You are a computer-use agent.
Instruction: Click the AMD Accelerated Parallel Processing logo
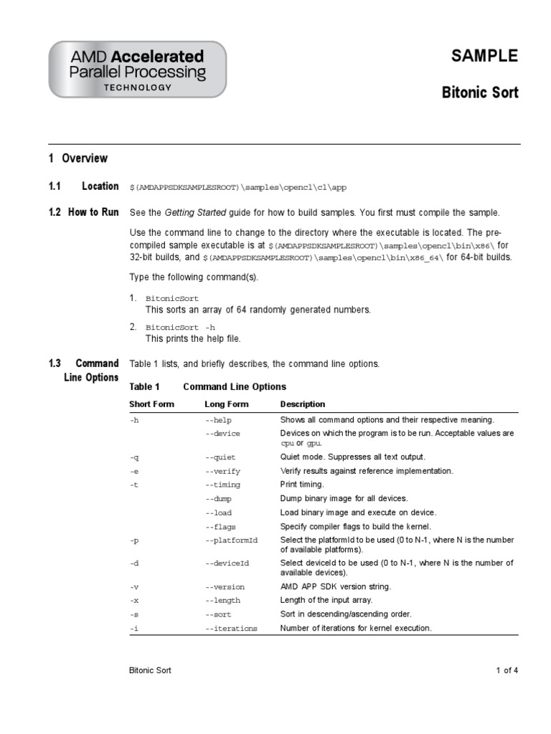pos(137,70)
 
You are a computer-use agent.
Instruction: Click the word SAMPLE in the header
pos(484,57)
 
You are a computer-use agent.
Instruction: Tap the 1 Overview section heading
pos(78,158)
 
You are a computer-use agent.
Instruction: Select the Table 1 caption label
pos(144,386)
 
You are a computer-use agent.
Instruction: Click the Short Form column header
pos(151,404)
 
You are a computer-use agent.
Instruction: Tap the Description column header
pos(302,404)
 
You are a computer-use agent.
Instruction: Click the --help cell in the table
pos(218,420)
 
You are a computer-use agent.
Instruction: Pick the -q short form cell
pos(134,457)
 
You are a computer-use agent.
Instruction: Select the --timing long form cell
pos(222,485)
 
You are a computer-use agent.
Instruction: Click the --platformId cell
pos(230,540)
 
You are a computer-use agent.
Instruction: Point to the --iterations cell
pos(230,629)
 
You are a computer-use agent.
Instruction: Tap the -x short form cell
pos(134,601)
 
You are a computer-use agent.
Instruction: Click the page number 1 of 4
pos(506,671)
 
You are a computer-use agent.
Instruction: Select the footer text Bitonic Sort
pos(150,671)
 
